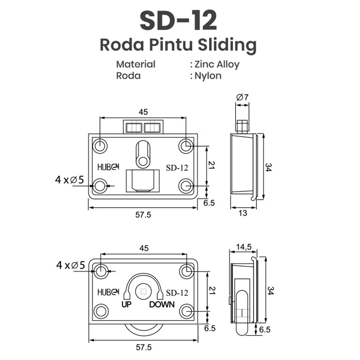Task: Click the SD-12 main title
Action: coord(178,20)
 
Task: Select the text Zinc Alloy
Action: coord(217,64)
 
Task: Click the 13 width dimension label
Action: coord(243,213)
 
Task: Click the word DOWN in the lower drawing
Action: coord(162,305)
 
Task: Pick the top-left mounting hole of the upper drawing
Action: coord(100,146)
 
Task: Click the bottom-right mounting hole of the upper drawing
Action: coord(186,186)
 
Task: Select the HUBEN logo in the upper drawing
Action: coord(108,167)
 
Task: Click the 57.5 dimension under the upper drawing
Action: coord(143,215)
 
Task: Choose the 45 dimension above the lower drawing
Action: coord(144,248)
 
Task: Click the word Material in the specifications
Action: coord(135,64)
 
